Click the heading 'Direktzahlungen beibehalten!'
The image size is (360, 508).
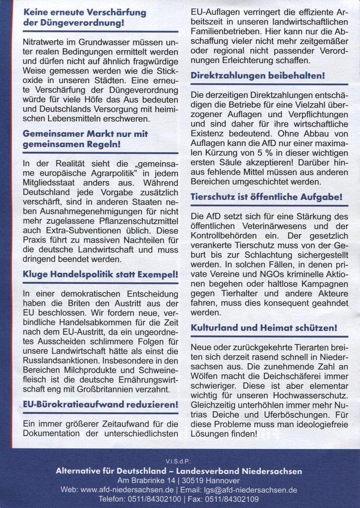[x=258, y=76]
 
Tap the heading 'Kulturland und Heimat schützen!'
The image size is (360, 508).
[x=264, y=328]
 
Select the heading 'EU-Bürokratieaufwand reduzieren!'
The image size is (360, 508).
[x=101, y=405]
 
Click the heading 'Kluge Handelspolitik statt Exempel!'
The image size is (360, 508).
[x=101, y=274]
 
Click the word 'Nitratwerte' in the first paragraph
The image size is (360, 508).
[x=44, y=42]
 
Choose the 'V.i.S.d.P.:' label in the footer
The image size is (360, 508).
[x=180, y=461]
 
